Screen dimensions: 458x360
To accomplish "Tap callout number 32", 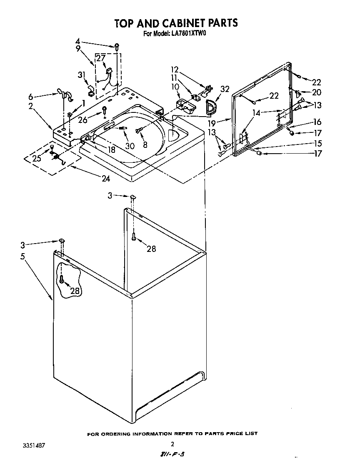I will tap(225, 89).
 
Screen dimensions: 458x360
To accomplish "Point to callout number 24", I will tap(105, 179).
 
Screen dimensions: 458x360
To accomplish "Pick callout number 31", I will tap(82, 75).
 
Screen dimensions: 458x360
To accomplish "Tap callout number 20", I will tap(317, 92).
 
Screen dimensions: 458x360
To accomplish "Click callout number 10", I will tap(175, 87).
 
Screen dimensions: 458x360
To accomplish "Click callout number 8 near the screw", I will tap(145, 145).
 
